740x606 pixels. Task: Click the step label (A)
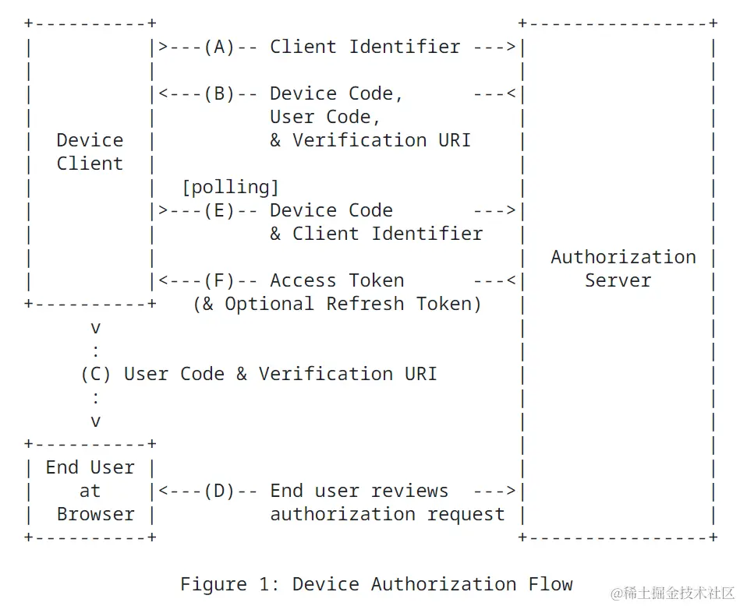(219, 47)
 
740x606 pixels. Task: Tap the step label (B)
(219, 93)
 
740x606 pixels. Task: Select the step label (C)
(96, 374)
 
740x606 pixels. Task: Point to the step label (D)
(219, 491)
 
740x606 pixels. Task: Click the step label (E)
(219, 210)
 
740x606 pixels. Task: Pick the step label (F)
(219, 280)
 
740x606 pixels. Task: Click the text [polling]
(230, 187)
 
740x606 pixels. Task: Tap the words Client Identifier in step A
(365, 47)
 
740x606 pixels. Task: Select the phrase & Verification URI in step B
(370, 140)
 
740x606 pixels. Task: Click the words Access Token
(337, 280)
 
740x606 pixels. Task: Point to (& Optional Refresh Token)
(337, 304)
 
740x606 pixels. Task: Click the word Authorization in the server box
(623, 257)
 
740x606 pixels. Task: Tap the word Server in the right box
(618, 280)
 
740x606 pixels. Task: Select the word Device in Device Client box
(90, 140)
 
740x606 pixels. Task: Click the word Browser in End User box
(95, 514)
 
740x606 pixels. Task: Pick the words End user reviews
(359, 491)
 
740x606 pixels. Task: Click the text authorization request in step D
(388, 514)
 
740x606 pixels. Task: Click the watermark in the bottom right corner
(671, 594)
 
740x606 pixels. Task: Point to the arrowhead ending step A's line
(512, 47)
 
